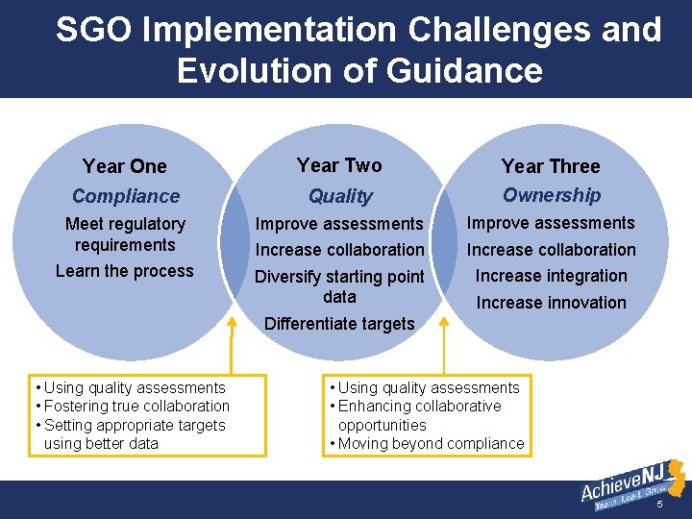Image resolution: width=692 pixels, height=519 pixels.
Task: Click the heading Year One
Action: click(125, 166)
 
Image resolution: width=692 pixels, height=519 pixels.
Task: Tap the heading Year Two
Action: click(339, 165)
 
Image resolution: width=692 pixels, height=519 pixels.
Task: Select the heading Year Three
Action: click(551, 166)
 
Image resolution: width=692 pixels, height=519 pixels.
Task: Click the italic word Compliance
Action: click(126, 196)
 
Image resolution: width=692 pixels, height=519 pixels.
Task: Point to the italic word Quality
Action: click(340, 196)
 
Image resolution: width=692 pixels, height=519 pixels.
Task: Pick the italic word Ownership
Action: click(552, 195)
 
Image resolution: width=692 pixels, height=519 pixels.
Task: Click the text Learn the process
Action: click(125, 271)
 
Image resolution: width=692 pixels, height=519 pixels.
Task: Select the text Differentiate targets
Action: click(339, 324)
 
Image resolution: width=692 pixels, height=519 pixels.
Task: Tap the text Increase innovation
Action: click(551, 303)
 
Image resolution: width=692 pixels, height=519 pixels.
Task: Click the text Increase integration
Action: click(551, 276)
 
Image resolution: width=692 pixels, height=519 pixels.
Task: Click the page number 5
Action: click(659, 505)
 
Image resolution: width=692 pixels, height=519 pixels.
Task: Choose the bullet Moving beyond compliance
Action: click(430, 443)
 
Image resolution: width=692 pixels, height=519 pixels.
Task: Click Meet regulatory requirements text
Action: click(125, 235)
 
